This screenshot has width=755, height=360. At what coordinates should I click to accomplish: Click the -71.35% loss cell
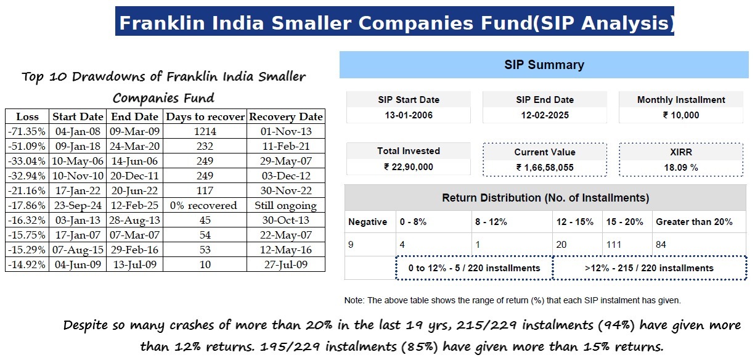tap(27, 131)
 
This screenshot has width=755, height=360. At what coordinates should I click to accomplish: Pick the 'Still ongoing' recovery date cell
tap(285, 205)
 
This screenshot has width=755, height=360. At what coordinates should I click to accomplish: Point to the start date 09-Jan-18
tap(78, 146)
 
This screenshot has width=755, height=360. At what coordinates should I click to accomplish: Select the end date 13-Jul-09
tap(134, 264)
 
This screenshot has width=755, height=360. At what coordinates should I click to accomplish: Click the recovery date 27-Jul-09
tap(285, 264)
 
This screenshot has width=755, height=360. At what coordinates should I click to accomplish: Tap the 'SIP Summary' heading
tap(544, 65)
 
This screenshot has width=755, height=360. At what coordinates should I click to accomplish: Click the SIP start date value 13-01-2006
tap(409, 115)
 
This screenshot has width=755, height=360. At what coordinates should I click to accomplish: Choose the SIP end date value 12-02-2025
tap(544, 115)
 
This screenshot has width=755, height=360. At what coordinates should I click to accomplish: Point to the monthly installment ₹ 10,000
tap(680, 115)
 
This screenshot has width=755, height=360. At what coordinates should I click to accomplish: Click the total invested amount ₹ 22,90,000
tap(409, 167)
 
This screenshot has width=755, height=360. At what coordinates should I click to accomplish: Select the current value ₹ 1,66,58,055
tap(544, 167)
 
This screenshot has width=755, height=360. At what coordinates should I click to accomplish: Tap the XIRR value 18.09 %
tap(680, 167)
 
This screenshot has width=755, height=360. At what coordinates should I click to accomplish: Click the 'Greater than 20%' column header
tap(694, 222)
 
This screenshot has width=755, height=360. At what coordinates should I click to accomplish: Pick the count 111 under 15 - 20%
tap(614, 245)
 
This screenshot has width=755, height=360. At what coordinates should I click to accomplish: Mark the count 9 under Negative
tap(351, 245)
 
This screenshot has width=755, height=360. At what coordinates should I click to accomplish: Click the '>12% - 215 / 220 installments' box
tap(649, 268)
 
